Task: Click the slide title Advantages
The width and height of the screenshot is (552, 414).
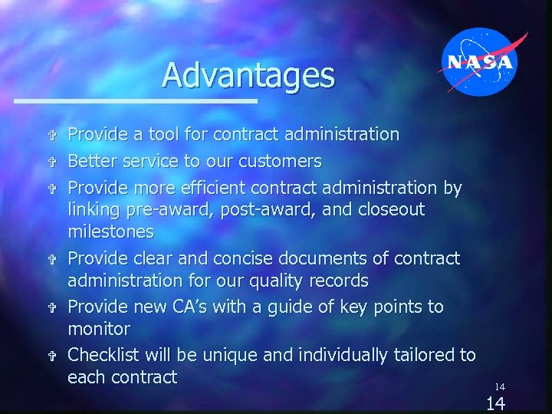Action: point(248,75)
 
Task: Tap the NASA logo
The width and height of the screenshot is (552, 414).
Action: point(481,62)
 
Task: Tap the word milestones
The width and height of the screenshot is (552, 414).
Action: point(110,232)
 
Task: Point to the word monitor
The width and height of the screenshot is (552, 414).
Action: point(99,329)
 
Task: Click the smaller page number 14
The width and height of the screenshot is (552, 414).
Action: point(499,387)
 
